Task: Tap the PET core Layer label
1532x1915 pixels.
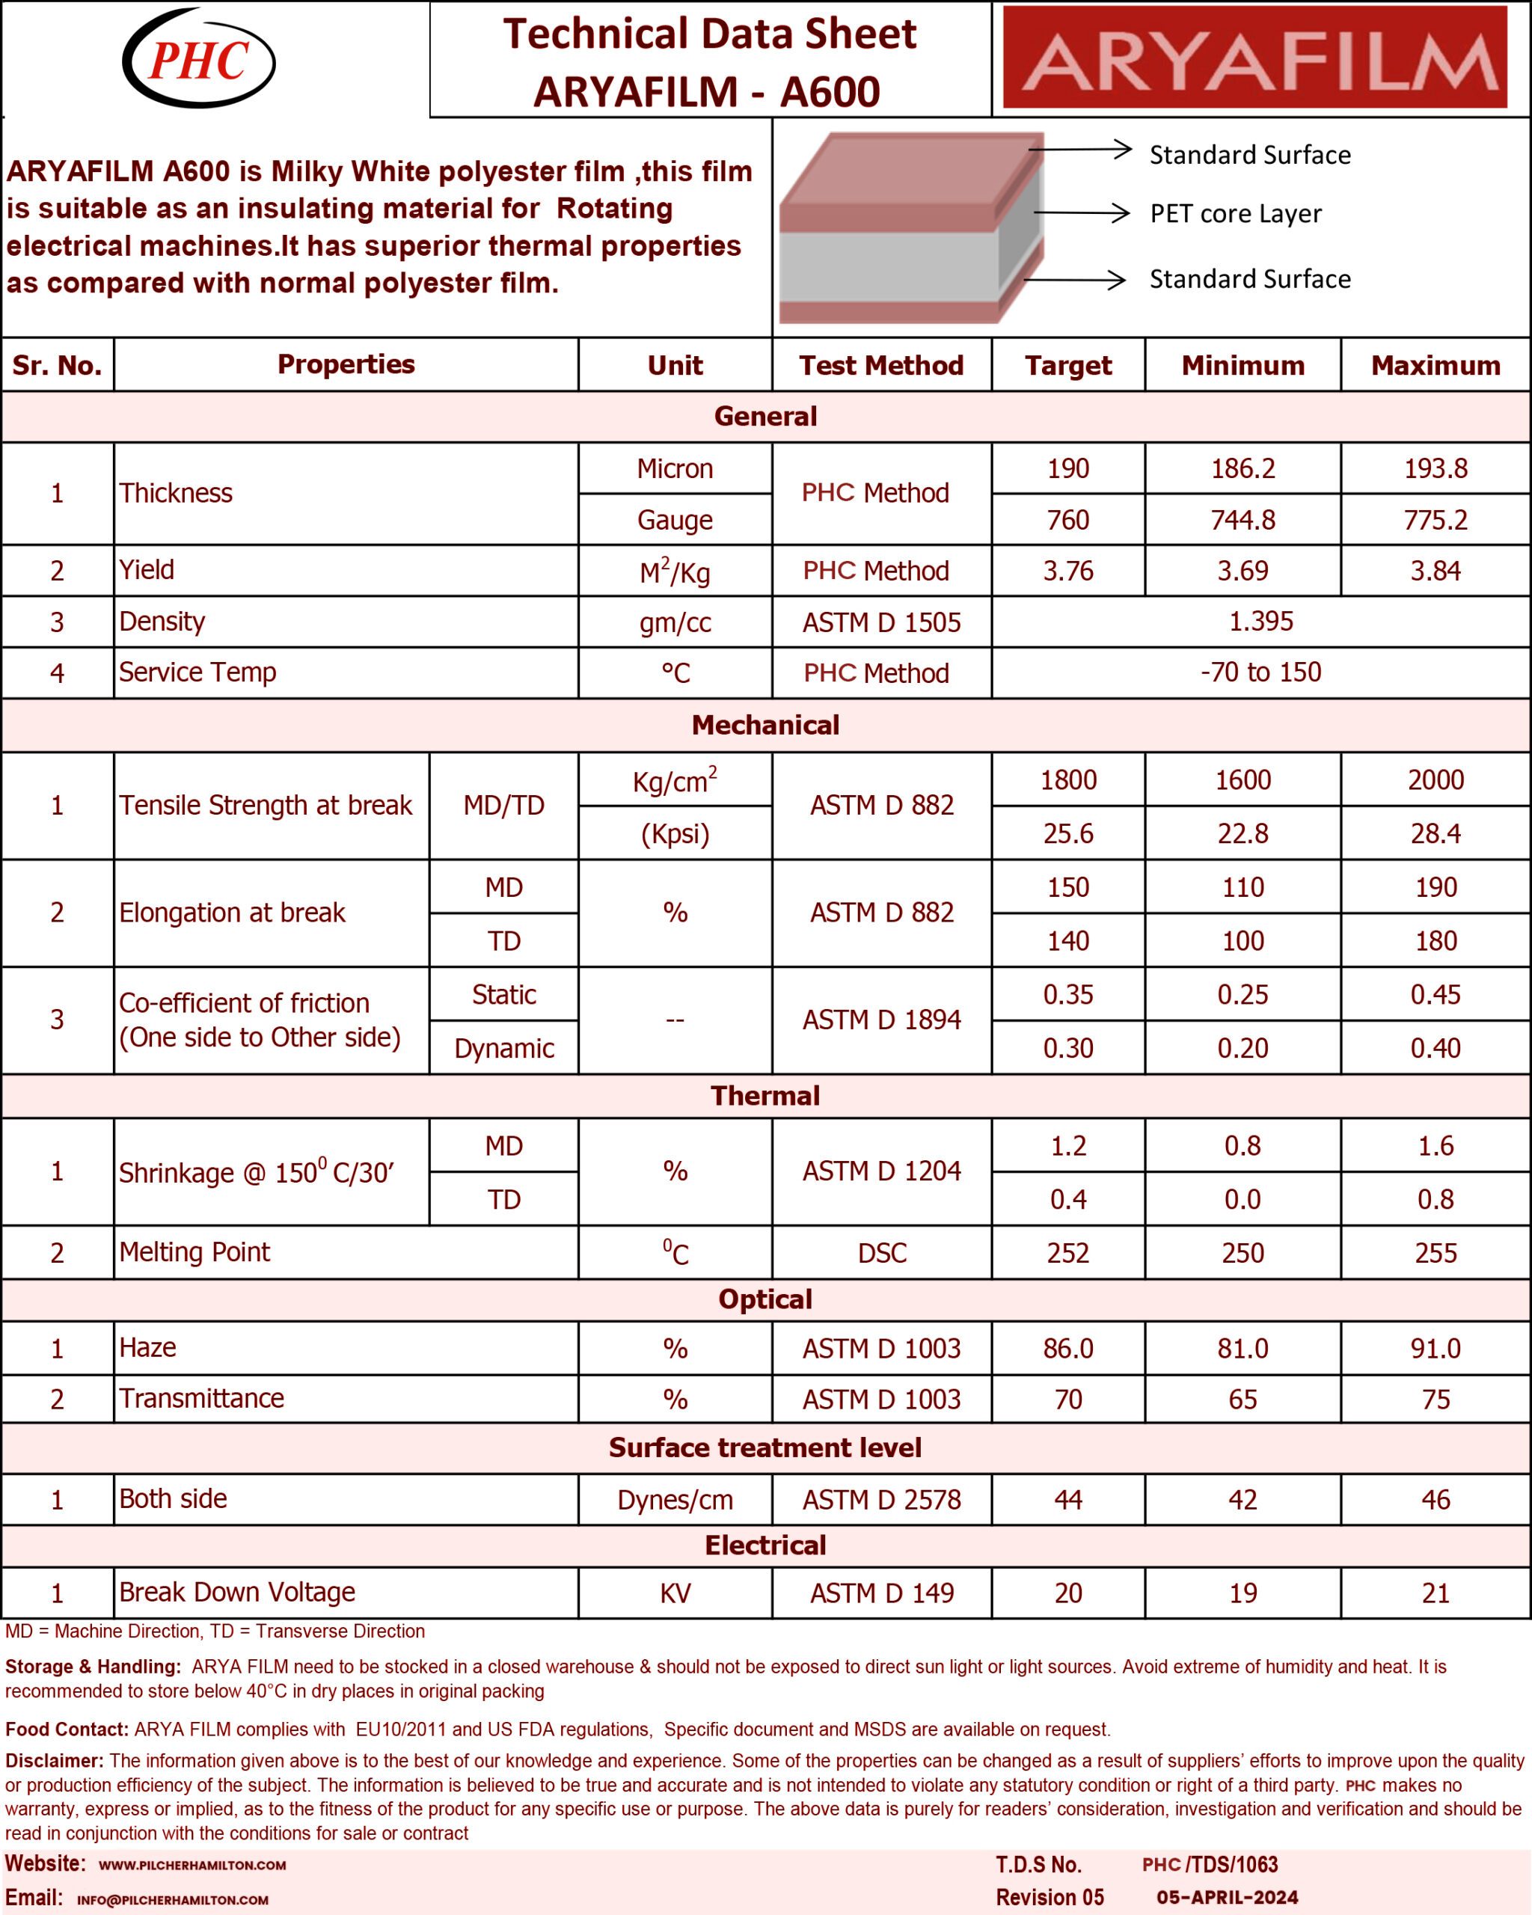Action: [1234, 214]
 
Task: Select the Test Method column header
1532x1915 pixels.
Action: [880, 365]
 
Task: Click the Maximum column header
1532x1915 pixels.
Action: [1436, 365]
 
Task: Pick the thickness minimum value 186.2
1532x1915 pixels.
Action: [1243, 468]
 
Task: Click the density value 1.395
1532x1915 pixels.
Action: [1260, 621]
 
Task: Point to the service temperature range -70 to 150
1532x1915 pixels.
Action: [1260, 672]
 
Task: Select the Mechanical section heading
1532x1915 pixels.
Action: [765, 725]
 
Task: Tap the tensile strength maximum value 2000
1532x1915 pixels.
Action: [1436, 780]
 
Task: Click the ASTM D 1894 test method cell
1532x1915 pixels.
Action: [881, 1020]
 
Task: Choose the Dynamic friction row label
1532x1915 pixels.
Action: [503, 1048]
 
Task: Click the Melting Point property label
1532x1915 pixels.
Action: [194, 1251]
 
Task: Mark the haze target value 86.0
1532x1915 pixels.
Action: [1067, 1348]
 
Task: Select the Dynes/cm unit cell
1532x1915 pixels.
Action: [675, 1500]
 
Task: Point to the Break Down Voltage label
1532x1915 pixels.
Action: [237, 1592]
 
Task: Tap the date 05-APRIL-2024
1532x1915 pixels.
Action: [1227, 1897]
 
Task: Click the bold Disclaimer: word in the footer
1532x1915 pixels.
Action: [54, 1760]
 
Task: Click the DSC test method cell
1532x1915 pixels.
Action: [881, 1252]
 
